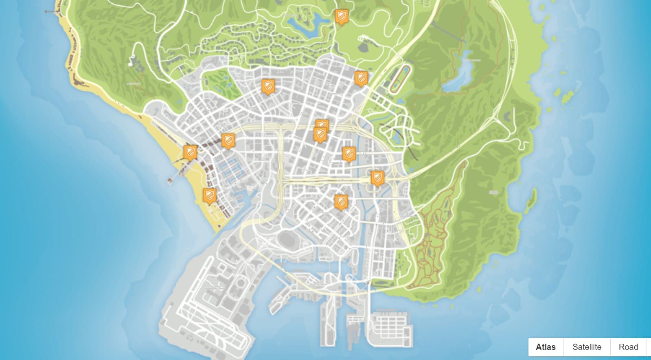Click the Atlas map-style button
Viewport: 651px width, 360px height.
(x=546, y=347)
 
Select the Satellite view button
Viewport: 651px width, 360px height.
(x=587, y=347)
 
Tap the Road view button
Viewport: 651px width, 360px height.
(x=628, y=347)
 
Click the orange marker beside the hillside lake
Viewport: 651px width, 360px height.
(x=341, y=17)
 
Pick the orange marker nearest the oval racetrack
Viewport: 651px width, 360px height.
(x=361, y=78)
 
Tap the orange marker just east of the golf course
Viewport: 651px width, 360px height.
(x=268, y=86)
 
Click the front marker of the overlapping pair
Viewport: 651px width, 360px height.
(x=320, y=134)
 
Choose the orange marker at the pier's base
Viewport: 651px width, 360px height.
(x=190, y=152)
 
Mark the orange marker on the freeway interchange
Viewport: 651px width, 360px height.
(x=377, y=178)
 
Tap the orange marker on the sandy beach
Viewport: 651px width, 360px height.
(x=209, y=195)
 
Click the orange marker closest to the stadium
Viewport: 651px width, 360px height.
(x=341, y=201)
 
